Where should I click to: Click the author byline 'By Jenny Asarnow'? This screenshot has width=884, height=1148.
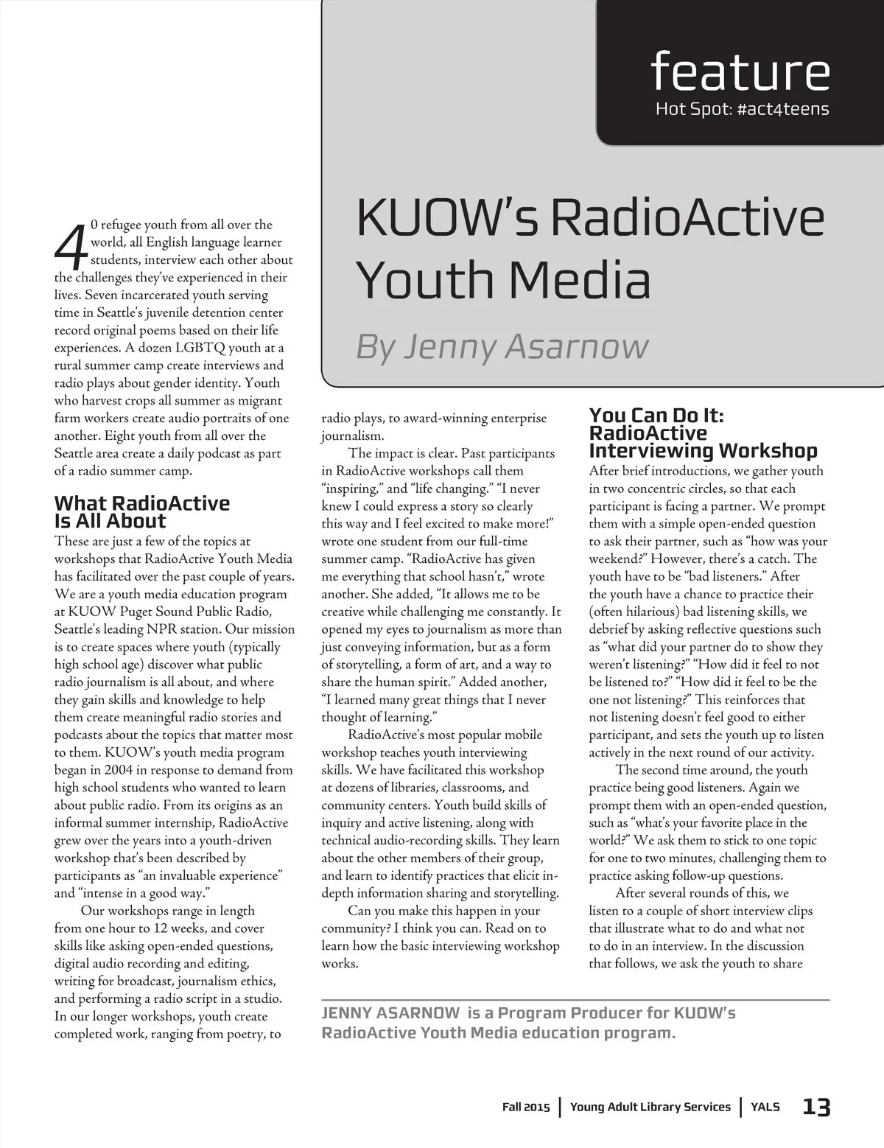(502, 346)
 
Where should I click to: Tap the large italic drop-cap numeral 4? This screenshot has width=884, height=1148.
(70, 247)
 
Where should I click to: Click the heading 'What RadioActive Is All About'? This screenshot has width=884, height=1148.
(141, 512)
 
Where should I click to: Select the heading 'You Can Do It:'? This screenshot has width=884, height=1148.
(656, 416)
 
